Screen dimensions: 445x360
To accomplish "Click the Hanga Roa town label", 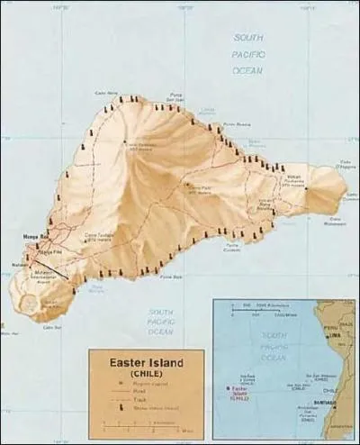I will [35, 237].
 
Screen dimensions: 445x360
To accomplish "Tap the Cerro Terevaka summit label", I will [144, 146].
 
